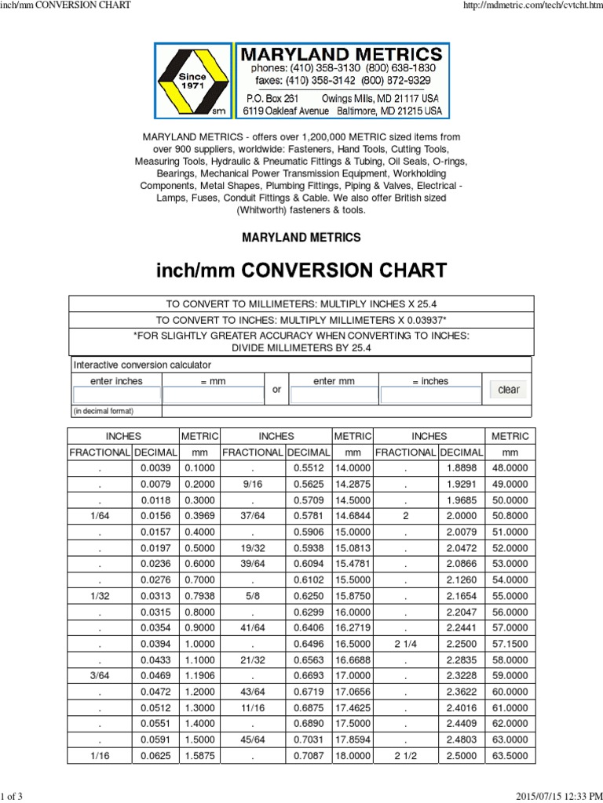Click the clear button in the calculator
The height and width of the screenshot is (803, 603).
509,390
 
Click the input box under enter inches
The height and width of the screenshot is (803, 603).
117,395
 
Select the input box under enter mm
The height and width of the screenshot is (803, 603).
334,395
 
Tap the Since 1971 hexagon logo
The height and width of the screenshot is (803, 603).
193,82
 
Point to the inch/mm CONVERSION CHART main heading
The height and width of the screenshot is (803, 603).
301,271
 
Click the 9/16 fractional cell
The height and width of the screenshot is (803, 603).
252,484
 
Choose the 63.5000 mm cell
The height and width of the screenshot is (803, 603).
510,757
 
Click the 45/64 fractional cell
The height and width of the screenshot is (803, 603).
252,739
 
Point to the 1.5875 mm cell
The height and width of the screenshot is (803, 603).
199,757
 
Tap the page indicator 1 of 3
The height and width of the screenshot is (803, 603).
12,797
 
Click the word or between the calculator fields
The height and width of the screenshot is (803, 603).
276,390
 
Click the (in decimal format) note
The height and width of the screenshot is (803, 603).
104,411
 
